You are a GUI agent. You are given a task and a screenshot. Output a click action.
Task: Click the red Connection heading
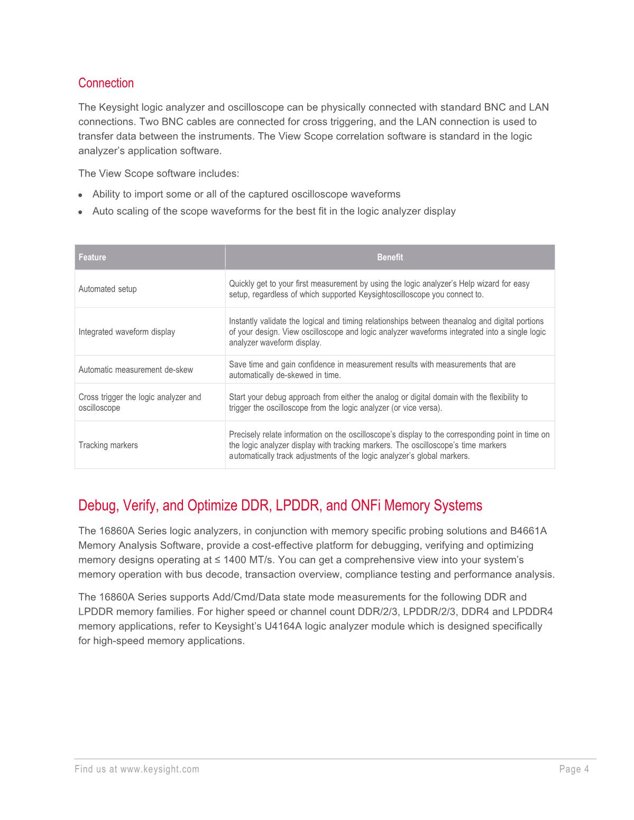(106, 83)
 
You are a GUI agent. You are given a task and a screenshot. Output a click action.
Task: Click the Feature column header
(93, 257)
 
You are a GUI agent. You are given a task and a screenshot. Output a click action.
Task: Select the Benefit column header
(390, 257)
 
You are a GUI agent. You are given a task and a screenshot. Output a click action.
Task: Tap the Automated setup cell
(108, 289)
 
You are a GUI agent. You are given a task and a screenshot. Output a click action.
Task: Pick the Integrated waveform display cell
(127, 332)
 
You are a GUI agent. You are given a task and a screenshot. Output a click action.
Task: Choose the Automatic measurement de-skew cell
(136, 370)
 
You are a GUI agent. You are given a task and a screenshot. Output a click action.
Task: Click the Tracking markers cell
(108, 445)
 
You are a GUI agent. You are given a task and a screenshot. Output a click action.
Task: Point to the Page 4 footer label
(574, 769)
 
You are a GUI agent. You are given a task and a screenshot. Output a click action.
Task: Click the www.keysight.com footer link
(160, 769)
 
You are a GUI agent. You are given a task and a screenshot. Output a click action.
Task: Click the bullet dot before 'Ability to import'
(80, 195)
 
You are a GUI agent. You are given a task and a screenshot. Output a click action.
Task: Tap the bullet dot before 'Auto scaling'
(80, 212)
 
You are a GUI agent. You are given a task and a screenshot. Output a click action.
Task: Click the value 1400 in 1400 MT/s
(235, 560)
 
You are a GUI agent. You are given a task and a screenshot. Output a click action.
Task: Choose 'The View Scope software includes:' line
(159, 173)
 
